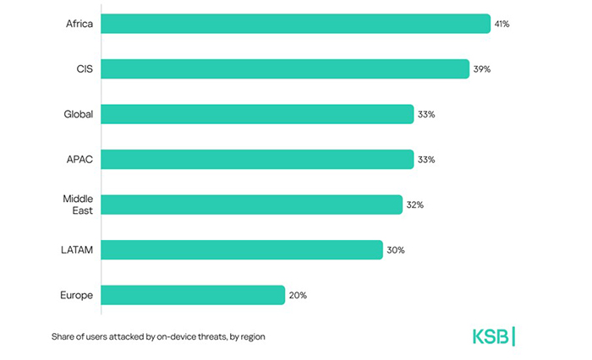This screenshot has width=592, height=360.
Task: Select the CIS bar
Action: coord(285,68)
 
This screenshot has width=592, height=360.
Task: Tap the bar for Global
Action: coord(257,114)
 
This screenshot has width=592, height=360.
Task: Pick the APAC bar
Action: coord(257,159)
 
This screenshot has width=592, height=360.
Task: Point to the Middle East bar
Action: coord(251,205)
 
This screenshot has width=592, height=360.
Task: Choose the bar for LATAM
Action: coord(242,249)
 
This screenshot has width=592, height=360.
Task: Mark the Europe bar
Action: coord(193,295)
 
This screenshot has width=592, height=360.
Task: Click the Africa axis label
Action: coord(79,24)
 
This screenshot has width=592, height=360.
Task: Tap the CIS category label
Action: coord(84,68)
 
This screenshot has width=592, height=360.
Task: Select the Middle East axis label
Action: coord(78,205)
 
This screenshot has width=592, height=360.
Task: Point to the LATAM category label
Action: coord(77,249)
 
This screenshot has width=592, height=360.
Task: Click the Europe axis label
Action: coord(77,295)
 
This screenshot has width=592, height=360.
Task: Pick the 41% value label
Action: coord(502,24)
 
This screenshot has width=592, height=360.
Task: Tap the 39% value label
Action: coord(481,68)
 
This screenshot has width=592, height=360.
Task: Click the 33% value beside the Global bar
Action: coord(426,114)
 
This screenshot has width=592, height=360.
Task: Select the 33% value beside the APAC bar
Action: coord(426,159)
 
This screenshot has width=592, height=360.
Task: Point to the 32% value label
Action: coord(414,205)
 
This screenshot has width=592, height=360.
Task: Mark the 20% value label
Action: coord(297,295)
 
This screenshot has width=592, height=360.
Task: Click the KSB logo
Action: coord(493,335)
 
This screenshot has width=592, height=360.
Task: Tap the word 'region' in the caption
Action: coord(250,336)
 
